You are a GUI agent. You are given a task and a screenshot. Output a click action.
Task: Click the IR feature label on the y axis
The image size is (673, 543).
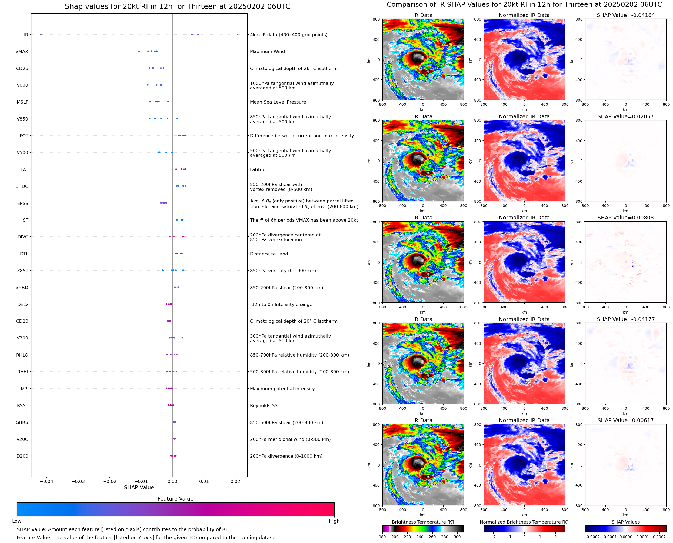coord(26,35)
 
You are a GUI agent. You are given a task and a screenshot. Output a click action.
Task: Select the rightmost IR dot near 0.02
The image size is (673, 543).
coord(237,34)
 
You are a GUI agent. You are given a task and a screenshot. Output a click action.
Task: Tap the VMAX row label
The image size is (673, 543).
coord(22,52)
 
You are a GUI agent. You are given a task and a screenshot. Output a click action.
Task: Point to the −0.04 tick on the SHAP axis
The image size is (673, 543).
coord(46,481)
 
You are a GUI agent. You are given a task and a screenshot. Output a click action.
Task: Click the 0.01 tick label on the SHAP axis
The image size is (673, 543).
coord(204,481)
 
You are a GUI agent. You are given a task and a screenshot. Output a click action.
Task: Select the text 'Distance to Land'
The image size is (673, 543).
coord(269,254)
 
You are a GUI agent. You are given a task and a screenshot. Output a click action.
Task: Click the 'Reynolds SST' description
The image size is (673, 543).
coord(265,405)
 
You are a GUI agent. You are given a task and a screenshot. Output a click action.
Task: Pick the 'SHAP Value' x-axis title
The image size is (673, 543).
coord(139,487)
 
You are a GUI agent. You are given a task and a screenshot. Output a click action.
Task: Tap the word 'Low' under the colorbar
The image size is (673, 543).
coord(16,521)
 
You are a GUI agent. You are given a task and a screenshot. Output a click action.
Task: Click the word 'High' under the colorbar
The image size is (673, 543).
coord(334,521)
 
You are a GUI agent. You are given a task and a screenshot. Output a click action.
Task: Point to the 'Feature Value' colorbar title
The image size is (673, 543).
coord(175,499)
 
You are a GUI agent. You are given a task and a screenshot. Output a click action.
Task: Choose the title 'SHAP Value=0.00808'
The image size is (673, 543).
coord(625,218)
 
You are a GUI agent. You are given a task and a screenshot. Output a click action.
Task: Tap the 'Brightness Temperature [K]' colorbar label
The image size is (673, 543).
coord(422,522)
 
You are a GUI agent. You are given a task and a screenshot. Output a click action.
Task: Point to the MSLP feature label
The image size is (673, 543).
coord(22,102)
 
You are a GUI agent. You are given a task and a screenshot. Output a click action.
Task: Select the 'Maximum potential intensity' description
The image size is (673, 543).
coord(282,389)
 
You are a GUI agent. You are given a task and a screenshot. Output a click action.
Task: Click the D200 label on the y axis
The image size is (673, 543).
coord(22,456)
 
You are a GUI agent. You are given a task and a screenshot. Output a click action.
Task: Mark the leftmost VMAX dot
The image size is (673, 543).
coord(139,51)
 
